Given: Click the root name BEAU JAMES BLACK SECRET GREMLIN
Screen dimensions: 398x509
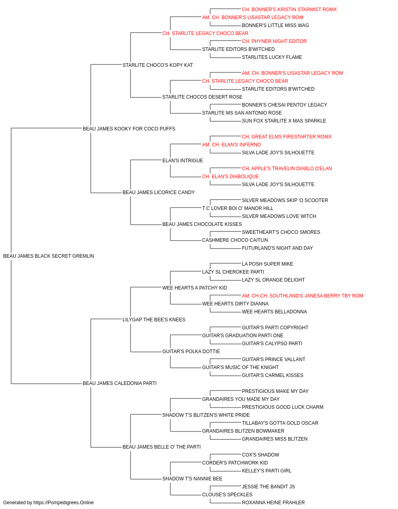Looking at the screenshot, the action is click(x=49, y=256).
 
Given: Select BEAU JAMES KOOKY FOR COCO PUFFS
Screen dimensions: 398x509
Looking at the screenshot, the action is click(x=129, y=129).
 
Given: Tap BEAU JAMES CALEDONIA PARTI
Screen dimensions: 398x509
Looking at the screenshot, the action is click(x=119, y=383).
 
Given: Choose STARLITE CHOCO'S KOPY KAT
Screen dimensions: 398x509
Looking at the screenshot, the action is click(x=158, y=65).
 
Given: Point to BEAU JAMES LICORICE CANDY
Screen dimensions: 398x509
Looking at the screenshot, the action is click(x=158, y=192).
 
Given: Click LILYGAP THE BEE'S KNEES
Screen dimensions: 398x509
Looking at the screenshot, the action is click(x=154, y=320).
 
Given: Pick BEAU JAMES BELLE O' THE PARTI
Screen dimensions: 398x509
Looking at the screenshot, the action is click(x=162, y=447).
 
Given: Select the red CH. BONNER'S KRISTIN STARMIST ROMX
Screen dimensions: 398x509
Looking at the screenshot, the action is click(x=289, y=10).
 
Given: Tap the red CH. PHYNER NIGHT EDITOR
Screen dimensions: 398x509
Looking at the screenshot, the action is click(x=274, y=41).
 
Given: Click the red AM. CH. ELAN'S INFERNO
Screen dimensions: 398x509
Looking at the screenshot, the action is click(x=231, y=145).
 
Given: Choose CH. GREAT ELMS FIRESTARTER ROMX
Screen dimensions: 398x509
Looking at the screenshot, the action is click(x=287, y=137).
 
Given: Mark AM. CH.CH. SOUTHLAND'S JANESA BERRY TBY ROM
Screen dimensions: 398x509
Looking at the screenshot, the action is click(x=302, y=296).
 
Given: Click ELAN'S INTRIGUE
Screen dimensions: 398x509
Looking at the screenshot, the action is click(x=183, y=161).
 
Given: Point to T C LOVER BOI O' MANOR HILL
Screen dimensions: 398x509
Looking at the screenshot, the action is click(x=238, y=208).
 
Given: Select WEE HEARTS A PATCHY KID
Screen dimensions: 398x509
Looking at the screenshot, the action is click(x=195, y=288).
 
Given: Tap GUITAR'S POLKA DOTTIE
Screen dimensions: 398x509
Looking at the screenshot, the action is click(x=191, y=352).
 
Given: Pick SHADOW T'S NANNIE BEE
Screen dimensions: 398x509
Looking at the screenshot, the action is click(x=192, y=479).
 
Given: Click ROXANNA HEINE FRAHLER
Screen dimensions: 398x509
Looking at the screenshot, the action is click(x=273, y=503).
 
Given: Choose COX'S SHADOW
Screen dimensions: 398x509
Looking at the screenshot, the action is click(x=260, y=455).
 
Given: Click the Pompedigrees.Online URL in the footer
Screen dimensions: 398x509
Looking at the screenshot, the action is click(x=63, y=503).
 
